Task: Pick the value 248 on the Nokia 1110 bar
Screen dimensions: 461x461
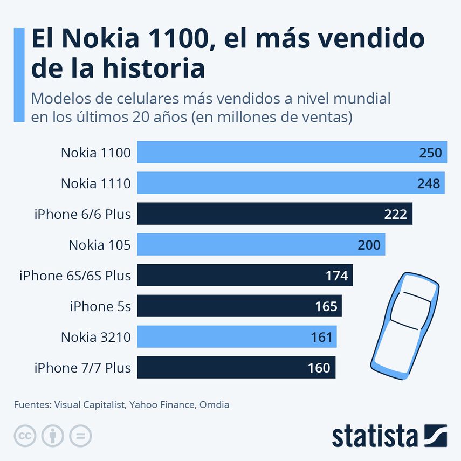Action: [x=429, y=184]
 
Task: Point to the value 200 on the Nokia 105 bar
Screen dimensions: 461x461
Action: [x=369, y=245]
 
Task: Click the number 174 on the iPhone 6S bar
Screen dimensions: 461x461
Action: [x=336, y=276]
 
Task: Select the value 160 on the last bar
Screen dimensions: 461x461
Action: [x=319, y=368]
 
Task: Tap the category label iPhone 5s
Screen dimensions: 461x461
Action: [x=100, y=307]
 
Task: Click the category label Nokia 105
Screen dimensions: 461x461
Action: [x=99, y=245]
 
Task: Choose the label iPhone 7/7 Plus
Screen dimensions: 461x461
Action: [x=82, y=368]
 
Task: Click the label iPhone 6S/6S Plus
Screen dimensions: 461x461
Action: [x=75, y=276]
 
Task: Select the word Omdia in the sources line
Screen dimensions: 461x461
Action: [x=214, y=404]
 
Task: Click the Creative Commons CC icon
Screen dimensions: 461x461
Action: [x=25, y=436]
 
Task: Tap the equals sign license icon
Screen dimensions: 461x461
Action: [x=80, y=436]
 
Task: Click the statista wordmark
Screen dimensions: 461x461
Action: [x=374, y=436]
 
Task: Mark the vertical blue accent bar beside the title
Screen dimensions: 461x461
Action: [x=19, y=75]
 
